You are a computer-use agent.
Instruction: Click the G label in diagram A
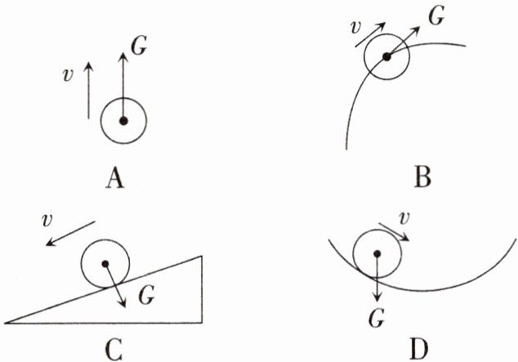(x=139, y=46)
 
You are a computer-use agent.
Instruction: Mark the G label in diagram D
(x=377, y=316)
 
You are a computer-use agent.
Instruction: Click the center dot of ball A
(x=123, y=121)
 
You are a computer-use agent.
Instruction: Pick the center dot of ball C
(x=105, y=264)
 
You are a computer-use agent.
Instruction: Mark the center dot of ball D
(x=377, y=253)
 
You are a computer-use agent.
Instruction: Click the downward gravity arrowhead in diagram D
(x=377, y=297)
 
